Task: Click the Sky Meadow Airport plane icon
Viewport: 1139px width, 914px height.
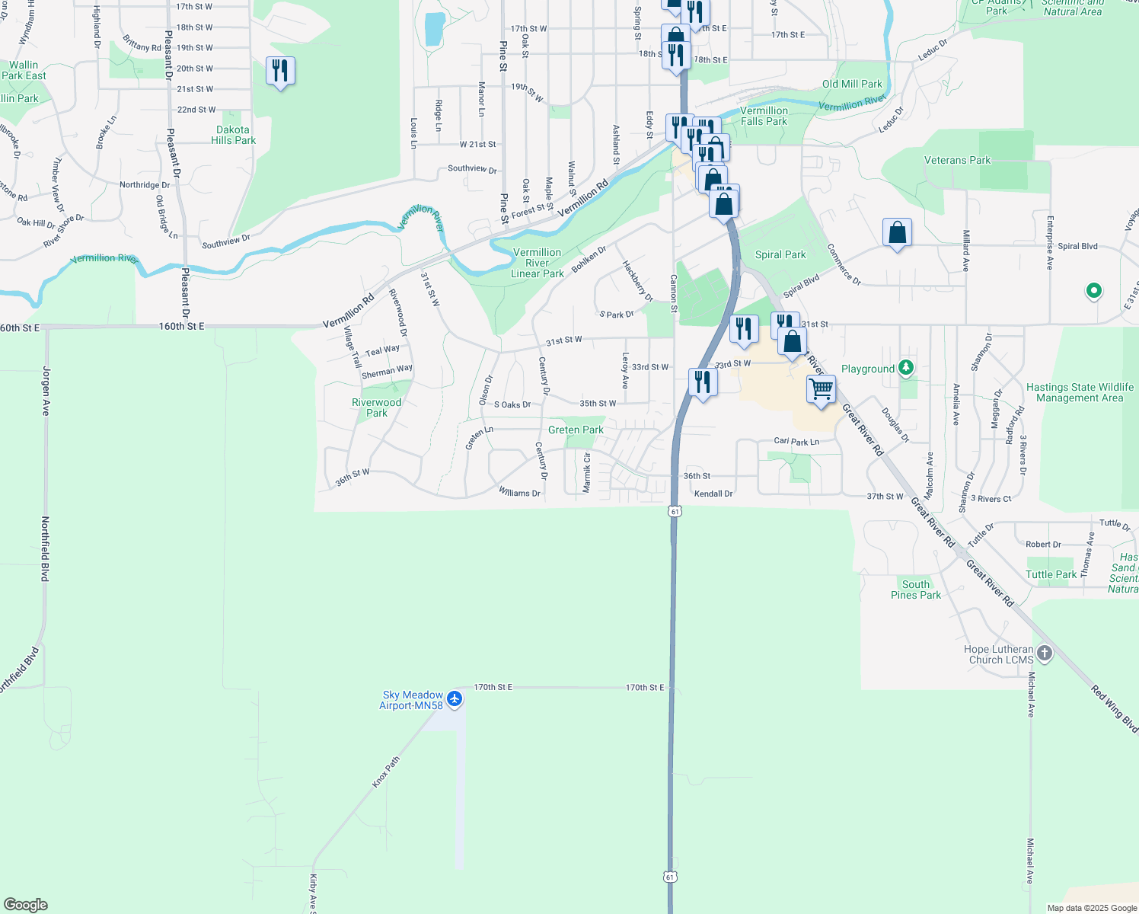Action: pyautogui.click(x=455, y=698)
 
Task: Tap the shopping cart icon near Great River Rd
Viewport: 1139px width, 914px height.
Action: pyautogui.click(x=821, y=389)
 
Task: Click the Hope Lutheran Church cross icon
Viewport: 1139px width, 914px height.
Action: pyautogui.click(x=1045, y=654)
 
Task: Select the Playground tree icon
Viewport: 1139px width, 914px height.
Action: pyautogui.click(x=905, y=368)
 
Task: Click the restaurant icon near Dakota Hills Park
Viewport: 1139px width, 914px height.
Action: pyautogui.click(x=280, y=71)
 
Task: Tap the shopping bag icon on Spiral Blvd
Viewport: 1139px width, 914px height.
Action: pyautogui.click(x=898, y=232)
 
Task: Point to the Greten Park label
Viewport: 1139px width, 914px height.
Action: pyautogui.click(x=576, y=430)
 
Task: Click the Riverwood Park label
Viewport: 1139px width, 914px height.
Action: pyautogui.click(x=376, y=407)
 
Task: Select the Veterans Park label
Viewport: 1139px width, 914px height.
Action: pyautogui.click(x=957, y=160)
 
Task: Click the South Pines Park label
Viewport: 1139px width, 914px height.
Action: pyautogui.click(x=916, y=590)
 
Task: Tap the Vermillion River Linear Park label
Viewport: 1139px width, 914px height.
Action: pyautogui.click(x=538, y=263)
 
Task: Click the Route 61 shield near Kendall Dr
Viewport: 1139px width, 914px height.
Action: pyautogui.click(x=675, y=512)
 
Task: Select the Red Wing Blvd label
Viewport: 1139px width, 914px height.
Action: pyautogui.click(x=1114, y=709)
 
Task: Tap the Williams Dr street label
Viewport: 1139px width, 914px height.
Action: pyautogui.click(x=519, y=493)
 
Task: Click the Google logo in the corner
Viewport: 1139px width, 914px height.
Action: pyautogui.click(x=25, y=905)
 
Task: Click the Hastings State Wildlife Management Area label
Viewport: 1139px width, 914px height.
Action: pyautogui.click(x=1080, y=392)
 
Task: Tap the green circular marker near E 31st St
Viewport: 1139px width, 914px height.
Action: pyautogui.click(x=1093, y=290)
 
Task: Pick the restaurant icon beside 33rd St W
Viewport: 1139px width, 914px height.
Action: pyautogui.click(x=703, y=382)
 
